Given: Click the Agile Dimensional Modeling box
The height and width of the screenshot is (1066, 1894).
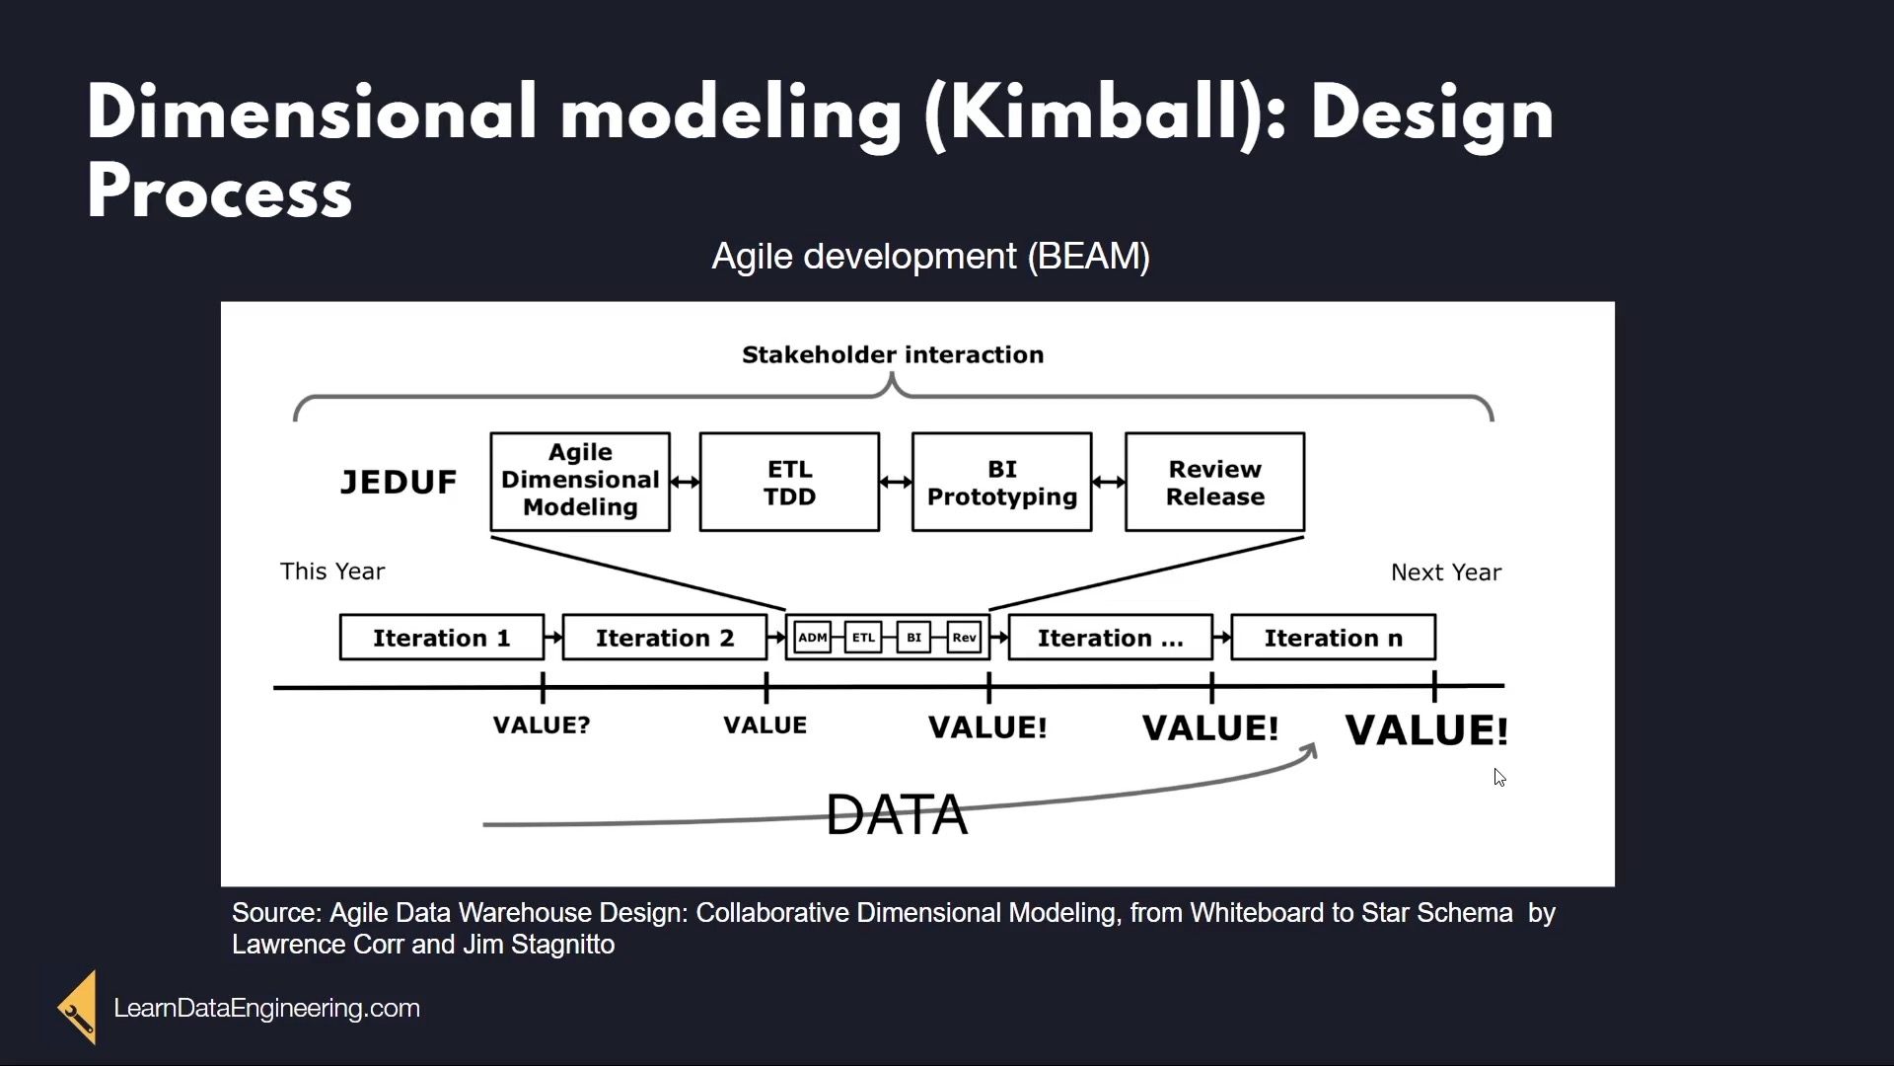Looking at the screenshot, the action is click(580, 482).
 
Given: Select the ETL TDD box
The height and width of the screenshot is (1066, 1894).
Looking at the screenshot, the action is click(789, 482).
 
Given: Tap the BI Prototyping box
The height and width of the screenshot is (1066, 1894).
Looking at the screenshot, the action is click(1002, 482).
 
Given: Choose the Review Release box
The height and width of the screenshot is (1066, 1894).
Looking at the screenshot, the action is click(1215, 482).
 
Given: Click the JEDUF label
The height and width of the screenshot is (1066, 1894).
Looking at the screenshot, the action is click(399, 483).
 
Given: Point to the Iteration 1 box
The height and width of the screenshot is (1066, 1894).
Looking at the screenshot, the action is click(442, 638).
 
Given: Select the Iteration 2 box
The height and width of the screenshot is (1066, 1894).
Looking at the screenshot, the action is click(665, 638).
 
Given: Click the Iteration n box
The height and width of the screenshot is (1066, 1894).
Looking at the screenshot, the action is click(1334, 638).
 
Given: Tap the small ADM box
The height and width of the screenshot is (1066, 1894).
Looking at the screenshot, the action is click(813, 638).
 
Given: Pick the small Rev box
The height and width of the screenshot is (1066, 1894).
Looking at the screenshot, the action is click(964, 638).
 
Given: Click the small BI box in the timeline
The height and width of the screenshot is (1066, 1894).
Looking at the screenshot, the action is click(913, 638).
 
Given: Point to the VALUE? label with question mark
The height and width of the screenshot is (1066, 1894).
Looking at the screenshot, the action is click(542, 725).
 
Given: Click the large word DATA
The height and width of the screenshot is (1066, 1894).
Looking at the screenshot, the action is click(897, 814).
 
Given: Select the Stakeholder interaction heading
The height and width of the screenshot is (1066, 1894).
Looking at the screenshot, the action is click(893, 354).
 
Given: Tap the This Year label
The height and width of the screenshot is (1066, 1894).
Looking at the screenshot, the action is click(332, 571).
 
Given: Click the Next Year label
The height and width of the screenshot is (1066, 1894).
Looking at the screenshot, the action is click(1446, 572).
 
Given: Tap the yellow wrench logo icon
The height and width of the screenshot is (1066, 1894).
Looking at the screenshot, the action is click(77, 1007).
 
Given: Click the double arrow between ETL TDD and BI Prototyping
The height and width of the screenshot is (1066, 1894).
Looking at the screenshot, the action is click(896, 482).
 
